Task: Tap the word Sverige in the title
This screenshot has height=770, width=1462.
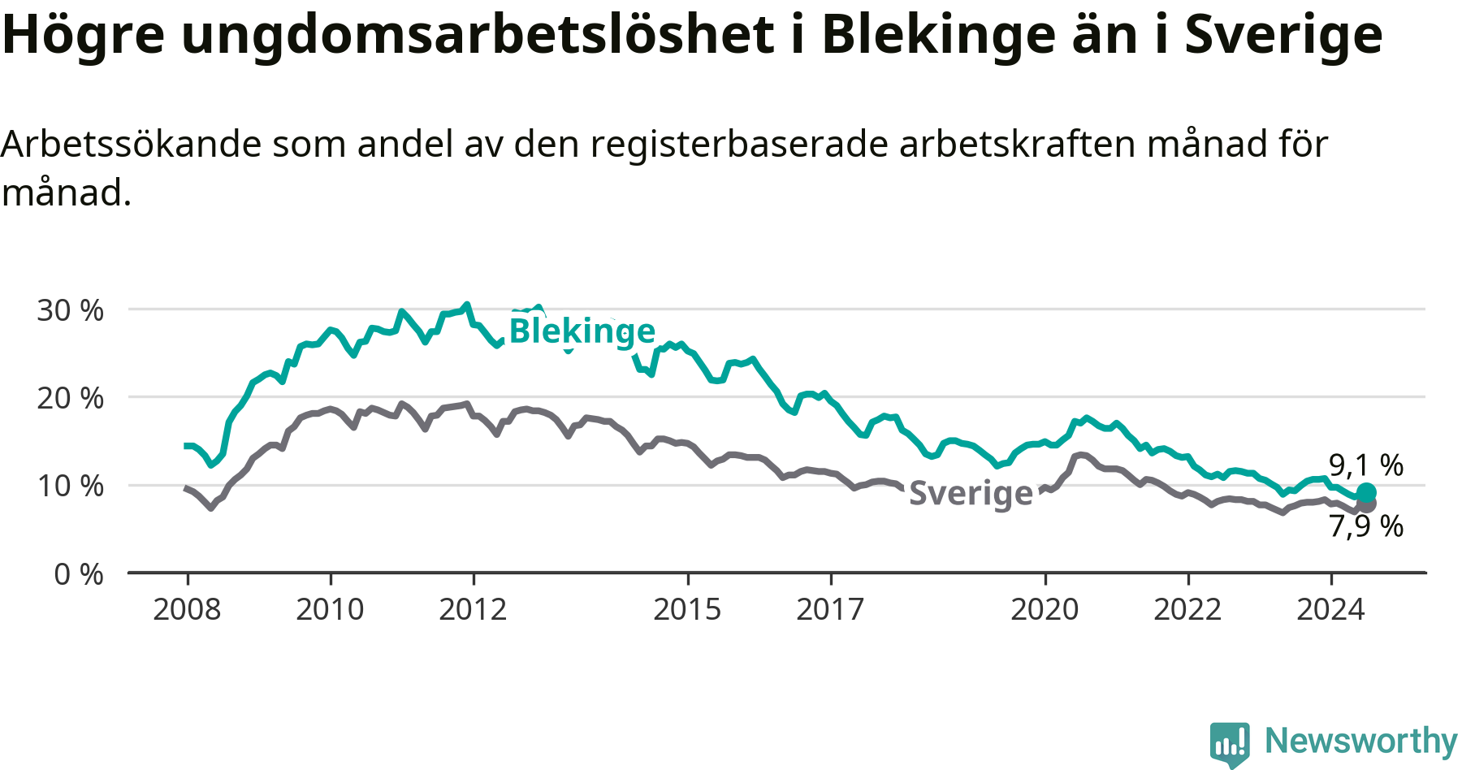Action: (1283, 34)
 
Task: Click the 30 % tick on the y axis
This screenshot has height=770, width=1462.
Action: (71, 309)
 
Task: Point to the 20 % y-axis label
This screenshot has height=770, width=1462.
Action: (71, 398)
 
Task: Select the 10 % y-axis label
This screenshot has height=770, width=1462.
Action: (71, 486)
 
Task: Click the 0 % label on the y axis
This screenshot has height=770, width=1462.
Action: (79, 574)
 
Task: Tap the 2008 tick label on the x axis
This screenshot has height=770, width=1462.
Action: (187, 609)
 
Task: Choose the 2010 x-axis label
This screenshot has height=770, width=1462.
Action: (330, 609)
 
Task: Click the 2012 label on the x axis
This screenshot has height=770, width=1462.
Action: (473, 609)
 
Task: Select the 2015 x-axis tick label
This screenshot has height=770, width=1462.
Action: (687, 609)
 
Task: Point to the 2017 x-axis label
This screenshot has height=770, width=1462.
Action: (830, 609)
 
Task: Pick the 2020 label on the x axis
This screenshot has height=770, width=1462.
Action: (1045, 609)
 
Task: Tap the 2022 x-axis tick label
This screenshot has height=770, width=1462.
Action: (1187, 609)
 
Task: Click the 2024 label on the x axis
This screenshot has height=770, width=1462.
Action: (1330, 609)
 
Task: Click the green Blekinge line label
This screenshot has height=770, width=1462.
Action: (582, 331)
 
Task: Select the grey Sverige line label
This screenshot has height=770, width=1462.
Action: (971, 493)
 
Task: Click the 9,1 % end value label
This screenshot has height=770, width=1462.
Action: (1366, 465)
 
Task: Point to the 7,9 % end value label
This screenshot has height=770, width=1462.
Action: (1366, 526)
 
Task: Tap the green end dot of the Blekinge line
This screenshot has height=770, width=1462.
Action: (1366, 492)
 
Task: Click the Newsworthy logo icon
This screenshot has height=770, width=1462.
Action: (1230, 743)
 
